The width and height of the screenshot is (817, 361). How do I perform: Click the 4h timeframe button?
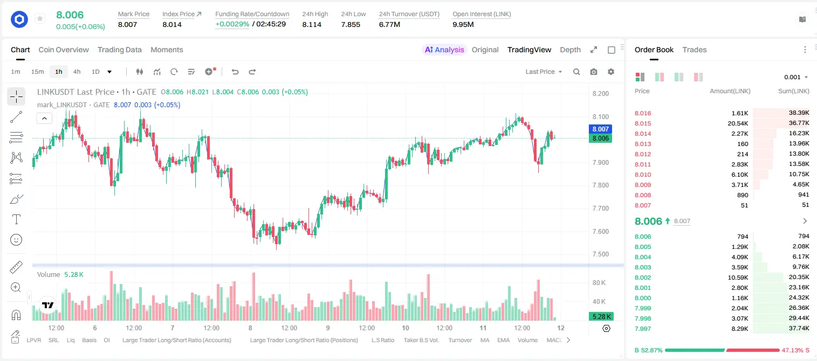click(x=77, y=72)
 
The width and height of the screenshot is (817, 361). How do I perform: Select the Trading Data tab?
click(x=119, y=50)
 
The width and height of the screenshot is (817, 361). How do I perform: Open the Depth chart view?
click(x=570, y=50)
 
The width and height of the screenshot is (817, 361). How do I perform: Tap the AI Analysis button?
click(x=444, y=50)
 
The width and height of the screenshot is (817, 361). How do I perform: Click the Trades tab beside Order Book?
click(x=695, y=50)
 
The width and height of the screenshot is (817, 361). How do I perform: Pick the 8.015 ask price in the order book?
click(x=643, y=123)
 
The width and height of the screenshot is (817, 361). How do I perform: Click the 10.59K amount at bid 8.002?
click(x=738, y=277)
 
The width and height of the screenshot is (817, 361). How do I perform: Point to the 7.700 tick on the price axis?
click(x=601, y=209)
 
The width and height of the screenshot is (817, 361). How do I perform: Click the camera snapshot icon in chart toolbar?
click(x=594, y=72)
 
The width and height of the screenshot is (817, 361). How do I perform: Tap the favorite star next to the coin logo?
click(x=40, y=18)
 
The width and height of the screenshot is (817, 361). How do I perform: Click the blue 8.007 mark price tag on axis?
click(x=600, y=129)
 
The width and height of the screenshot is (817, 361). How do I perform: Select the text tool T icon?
click(x=16, y=219)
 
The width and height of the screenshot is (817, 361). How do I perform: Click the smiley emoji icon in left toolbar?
click(x=16, y=240)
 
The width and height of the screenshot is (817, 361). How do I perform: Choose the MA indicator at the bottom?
click(x=485, y=340)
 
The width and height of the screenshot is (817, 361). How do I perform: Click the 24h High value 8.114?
click(x=312, y=24)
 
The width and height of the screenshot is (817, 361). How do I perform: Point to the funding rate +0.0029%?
click(x=232, y=24)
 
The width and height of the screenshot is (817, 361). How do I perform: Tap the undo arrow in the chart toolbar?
click(x=235, y=72)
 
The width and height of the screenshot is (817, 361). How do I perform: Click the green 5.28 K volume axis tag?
click(x=601, y=317)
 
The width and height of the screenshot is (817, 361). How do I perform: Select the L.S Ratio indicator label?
click(x=382, y=340)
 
